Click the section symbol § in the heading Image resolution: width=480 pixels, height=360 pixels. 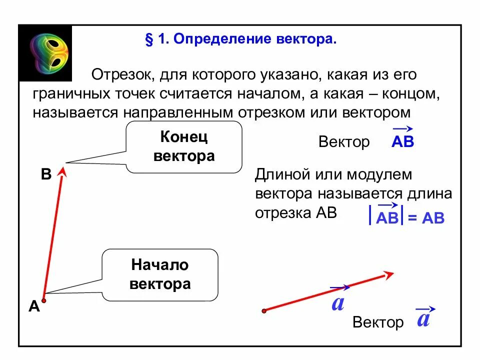pyautogui.click(x=148, y=40)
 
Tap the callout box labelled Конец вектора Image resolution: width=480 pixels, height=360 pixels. pyautogui.click(x=184, y=146)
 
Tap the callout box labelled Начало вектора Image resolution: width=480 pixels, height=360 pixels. pyautogui.click(x=160, y=274)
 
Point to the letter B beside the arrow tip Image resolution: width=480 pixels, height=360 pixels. pyautogui.click(x=46, y=174)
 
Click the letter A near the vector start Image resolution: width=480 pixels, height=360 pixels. pyautogui.click(x=34, y=306)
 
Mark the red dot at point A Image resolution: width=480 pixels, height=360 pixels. pyautogui.click(x=44, y=300)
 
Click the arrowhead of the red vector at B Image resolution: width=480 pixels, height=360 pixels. pyautogui.click(x=62, y=171)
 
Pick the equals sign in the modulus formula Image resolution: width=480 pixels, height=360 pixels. pyautogui.click(x=412, y=218)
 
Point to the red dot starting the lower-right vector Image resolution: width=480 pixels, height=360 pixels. pyautogui.click(x=264, y=311)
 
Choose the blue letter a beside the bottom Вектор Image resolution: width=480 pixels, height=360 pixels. pyautogui.click(x=423, y=318)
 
